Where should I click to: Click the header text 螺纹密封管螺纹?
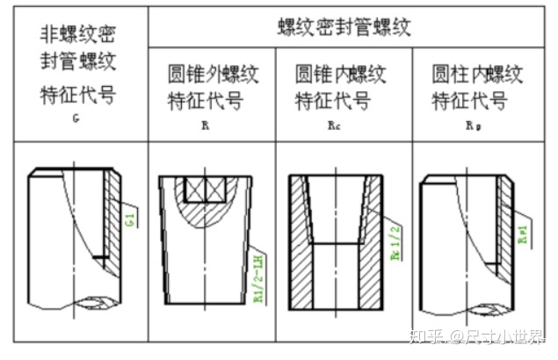(350, 27)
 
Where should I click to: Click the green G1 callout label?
(129, 217)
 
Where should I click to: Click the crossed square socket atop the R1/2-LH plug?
(205, 189)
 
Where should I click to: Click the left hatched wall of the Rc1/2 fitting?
(301, 255)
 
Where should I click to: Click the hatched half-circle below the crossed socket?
(204, 215)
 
